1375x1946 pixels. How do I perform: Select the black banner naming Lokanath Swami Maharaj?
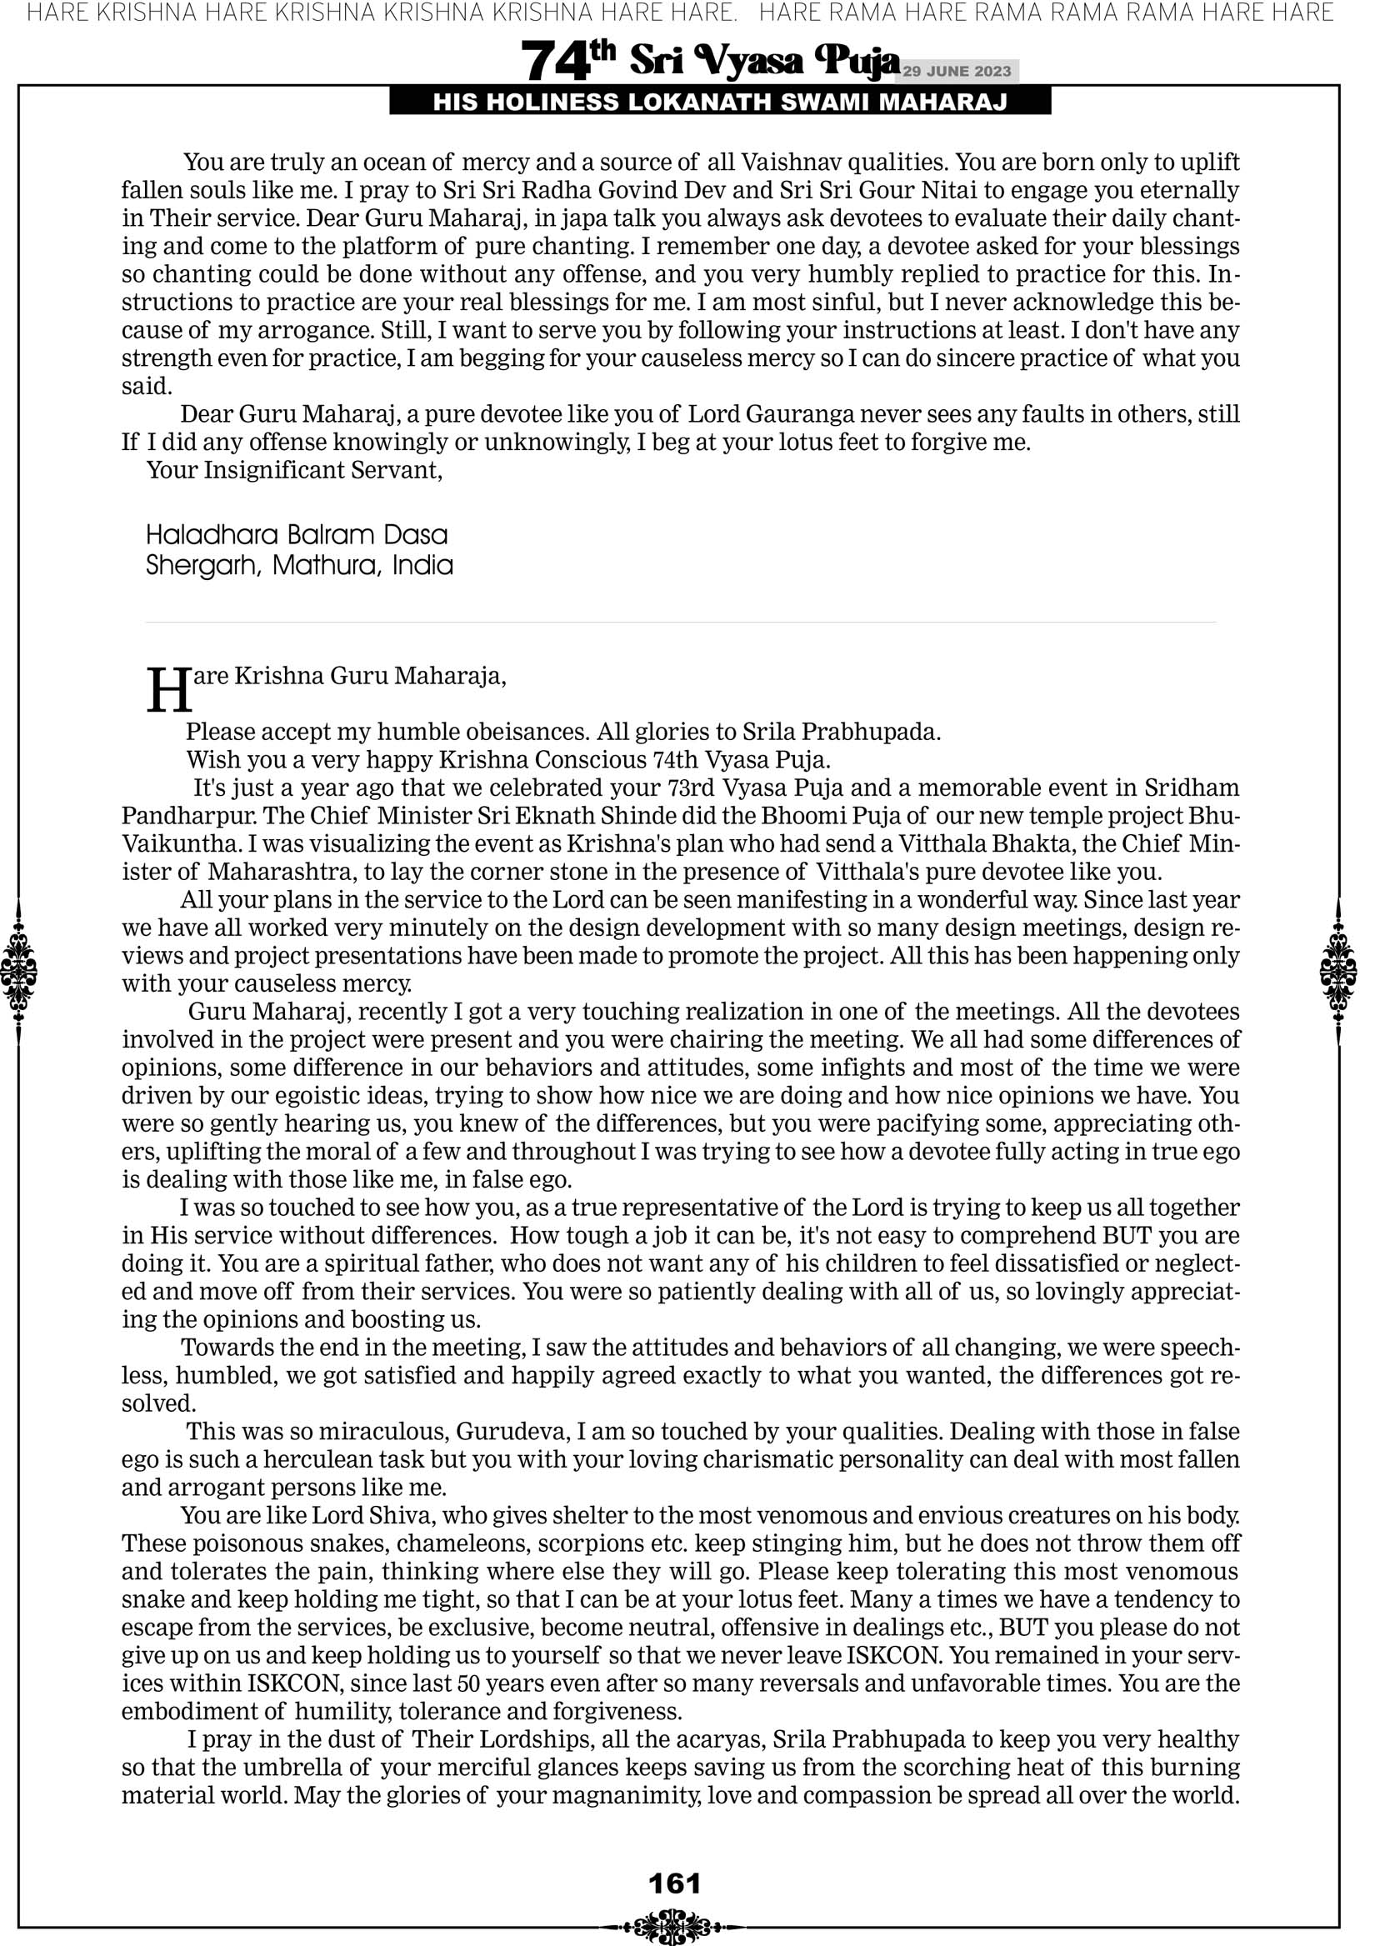[720, 103]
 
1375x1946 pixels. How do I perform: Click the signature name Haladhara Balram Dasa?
[297, 536]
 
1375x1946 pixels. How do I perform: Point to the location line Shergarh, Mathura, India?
[299, 565]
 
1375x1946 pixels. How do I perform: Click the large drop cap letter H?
[168, 691]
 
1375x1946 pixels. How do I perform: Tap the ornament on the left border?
[18, 971]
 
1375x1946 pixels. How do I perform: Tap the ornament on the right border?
[1338, 971]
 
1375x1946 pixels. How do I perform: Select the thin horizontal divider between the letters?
[681, 623]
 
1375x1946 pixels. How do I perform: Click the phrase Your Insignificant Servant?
[294, 470]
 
